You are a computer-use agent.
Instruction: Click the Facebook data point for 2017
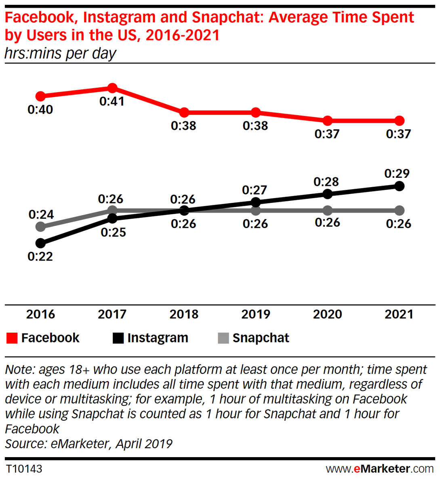click(x=112, y=88)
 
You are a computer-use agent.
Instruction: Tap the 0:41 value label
click(x=112, y=101)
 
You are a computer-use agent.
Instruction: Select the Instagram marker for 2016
click(x=40, y=243)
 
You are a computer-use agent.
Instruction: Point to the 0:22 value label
click(x=40, y=257)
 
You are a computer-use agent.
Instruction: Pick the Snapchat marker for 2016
click(x=40, y=227)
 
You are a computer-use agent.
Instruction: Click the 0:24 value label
click(x=41, y=214)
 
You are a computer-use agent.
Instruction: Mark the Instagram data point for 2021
click(x=399, y=186)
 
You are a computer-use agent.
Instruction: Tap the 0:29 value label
click(x=397, y=174)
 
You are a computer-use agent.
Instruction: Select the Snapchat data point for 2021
click(x=399, y=211)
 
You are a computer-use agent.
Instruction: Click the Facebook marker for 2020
click(x=328, y=120)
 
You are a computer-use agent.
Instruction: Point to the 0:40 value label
click(x=40, y=110)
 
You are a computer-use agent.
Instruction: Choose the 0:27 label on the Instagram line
click(x=255, y=190)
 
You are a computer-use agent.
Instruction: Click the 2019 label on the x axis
click(x=255, y=314)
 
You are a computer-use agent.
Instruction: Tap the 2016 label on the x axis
click(x=40, y=314)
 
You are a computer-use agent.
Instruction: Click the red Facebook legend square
click(x=12, y=338)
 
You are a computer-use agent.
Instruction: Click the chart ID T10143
click(x=24, y=469)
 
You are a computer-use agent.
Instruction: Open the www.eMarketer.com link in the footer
click(x=380, y=469)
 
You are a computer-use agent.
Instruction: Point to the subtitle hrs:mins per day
click(x=61, y=53)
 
